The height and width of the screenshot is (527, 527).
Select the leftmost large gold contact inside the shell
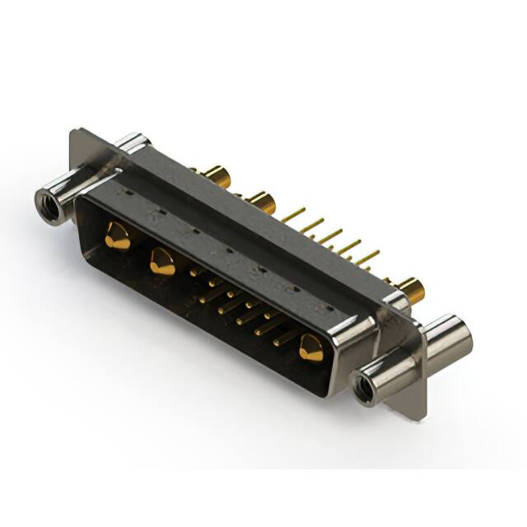[x=118, y=237]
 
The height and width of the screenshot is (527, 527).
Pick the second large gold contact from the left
[x=162, y=263]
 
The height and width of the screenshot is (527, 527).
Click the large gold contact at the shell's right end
[x=310, y=348]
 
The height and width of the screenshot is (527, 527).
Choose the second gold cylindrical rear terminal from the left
[x=261, y=202]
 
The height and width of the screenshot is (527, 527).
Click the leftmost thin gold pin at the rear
[x=292, y=215]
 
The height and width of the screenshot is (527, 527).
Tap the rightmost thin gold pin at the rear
[x=367, y=257]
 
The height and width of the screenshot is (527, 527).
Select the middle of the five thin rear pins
[x=330, y=236]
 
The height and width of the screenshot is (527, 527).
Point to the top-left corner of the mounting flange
[x=75, y=132]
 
